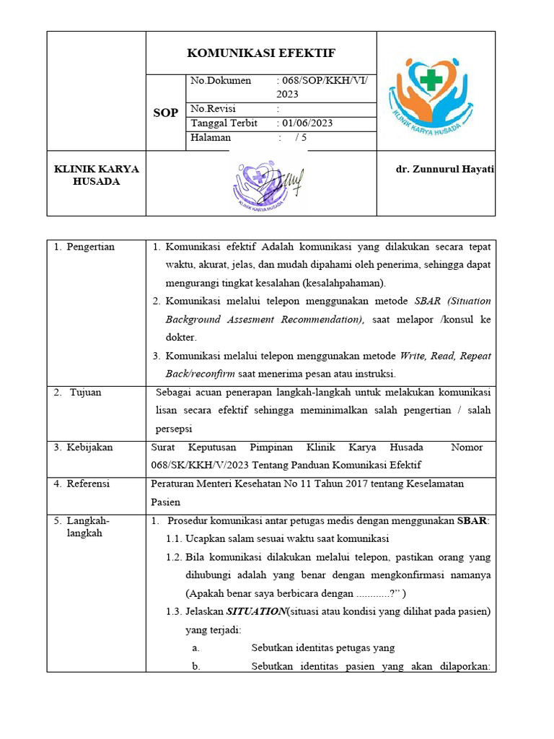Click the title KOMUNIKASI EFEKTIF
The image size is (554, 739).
261,53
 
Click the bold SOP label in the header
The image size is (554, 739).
165,113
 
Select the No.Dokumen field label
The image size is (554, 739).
221,81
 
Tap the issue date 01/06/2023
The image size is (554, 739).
308,123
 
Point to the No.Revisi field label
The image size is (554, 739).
216,109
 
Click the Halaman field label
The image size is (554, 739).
211,137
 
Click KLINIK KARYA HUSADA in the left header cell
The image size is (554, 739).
97,175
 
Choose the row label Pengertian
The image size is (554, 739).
90,247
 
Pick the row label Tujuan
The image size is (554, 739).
85,393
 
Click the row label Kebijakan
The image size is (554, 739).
89,447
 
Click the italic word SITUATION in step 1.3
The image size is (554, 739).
255,611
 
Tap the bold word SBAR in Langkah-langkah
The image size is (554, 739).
472,521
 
